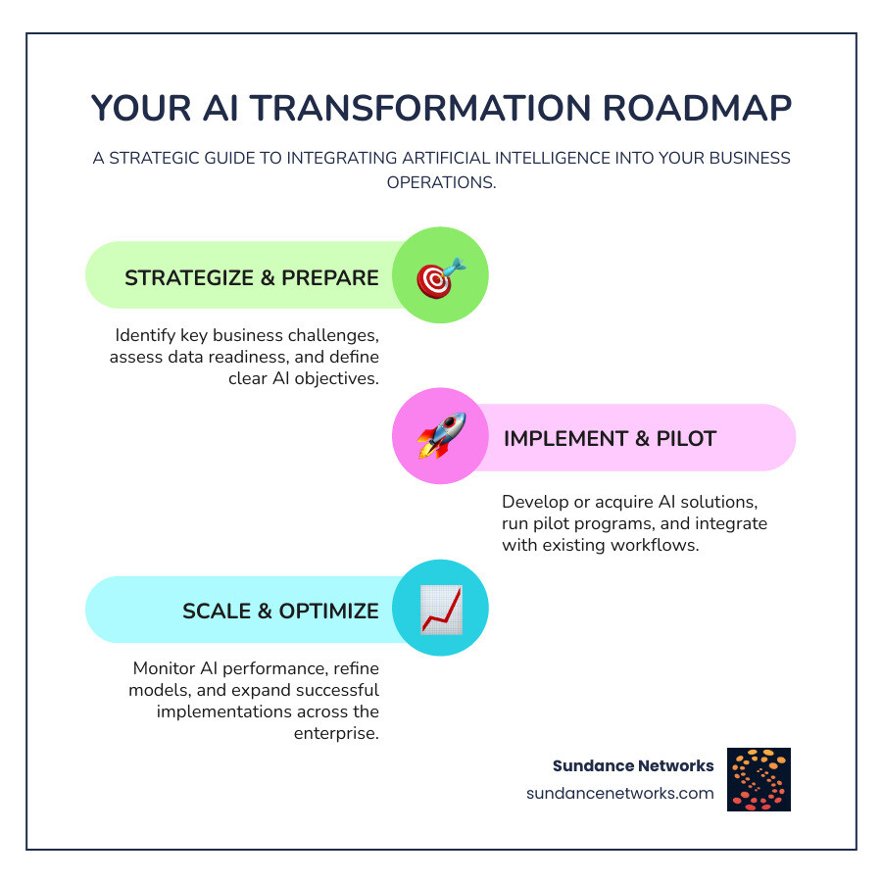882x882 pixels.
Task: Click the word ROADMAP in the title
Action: pos(698,108)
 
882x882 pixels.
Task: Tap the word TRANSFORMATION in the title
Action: pos(420,108)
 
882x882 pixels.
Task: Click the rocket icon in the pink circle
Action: pos(442,436)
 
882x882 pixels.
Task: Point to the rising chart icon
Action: pos(442,610)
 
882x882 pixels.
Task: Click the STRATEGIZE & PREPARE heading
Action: pos(252,278)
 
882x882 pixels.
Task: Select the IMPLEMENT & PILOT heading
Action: pos(610,439)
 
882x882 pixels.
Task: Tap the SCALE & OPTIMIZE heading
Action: pos(280,611)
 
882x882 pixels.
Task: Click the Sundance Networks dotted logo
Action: pos(759,779)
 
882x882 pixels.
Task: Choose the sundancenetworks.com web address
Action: pos(620,793)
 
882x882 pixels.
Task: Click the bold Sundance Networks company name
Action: pos(633,765)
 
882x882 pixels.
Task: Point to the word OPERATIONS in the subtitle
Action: pos(440,183)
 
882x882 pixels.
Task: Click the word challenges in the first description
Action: pos(333,336)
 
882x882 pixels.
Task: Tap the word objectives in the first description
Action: pos(337,378)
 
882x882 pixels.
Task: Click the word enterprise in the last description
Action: pos(336,733)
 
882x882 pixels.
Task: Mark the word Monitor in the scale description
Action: pos(161,668)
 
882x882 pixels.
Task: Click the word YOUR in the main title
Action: pos(141,108)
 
